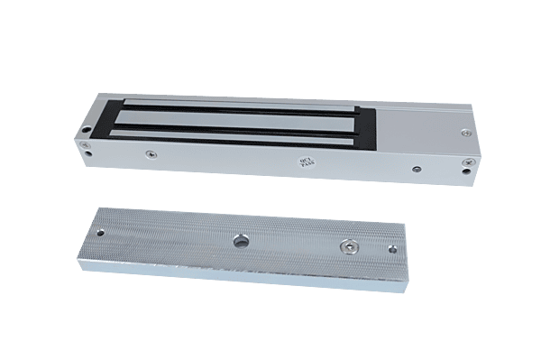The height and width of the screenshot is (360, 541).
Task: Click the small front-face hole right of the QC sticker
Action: pos(417,168)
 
